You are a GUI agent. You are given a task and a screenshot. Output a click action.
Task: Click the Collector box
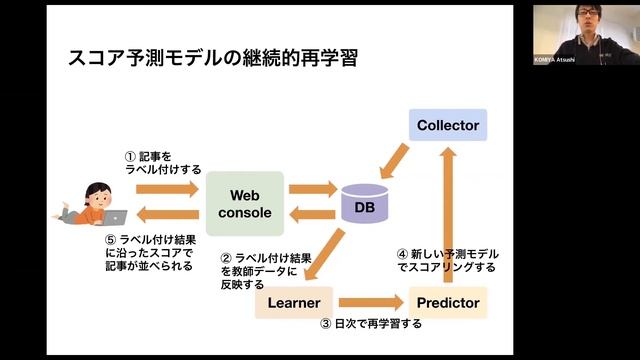449,125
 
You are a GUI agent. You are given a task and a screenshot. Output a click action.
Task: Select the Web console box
245,203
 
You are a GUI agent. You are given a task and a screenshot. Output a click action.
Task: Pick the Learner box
293,302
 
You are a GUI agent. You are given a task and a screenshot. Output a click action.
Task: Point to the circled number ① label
130,157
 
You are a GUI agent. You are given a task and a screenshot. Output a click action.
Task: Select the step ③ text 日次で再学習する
371,324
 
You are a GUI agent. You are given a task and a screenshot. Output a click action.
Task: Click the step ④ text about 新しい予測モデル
447,261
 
